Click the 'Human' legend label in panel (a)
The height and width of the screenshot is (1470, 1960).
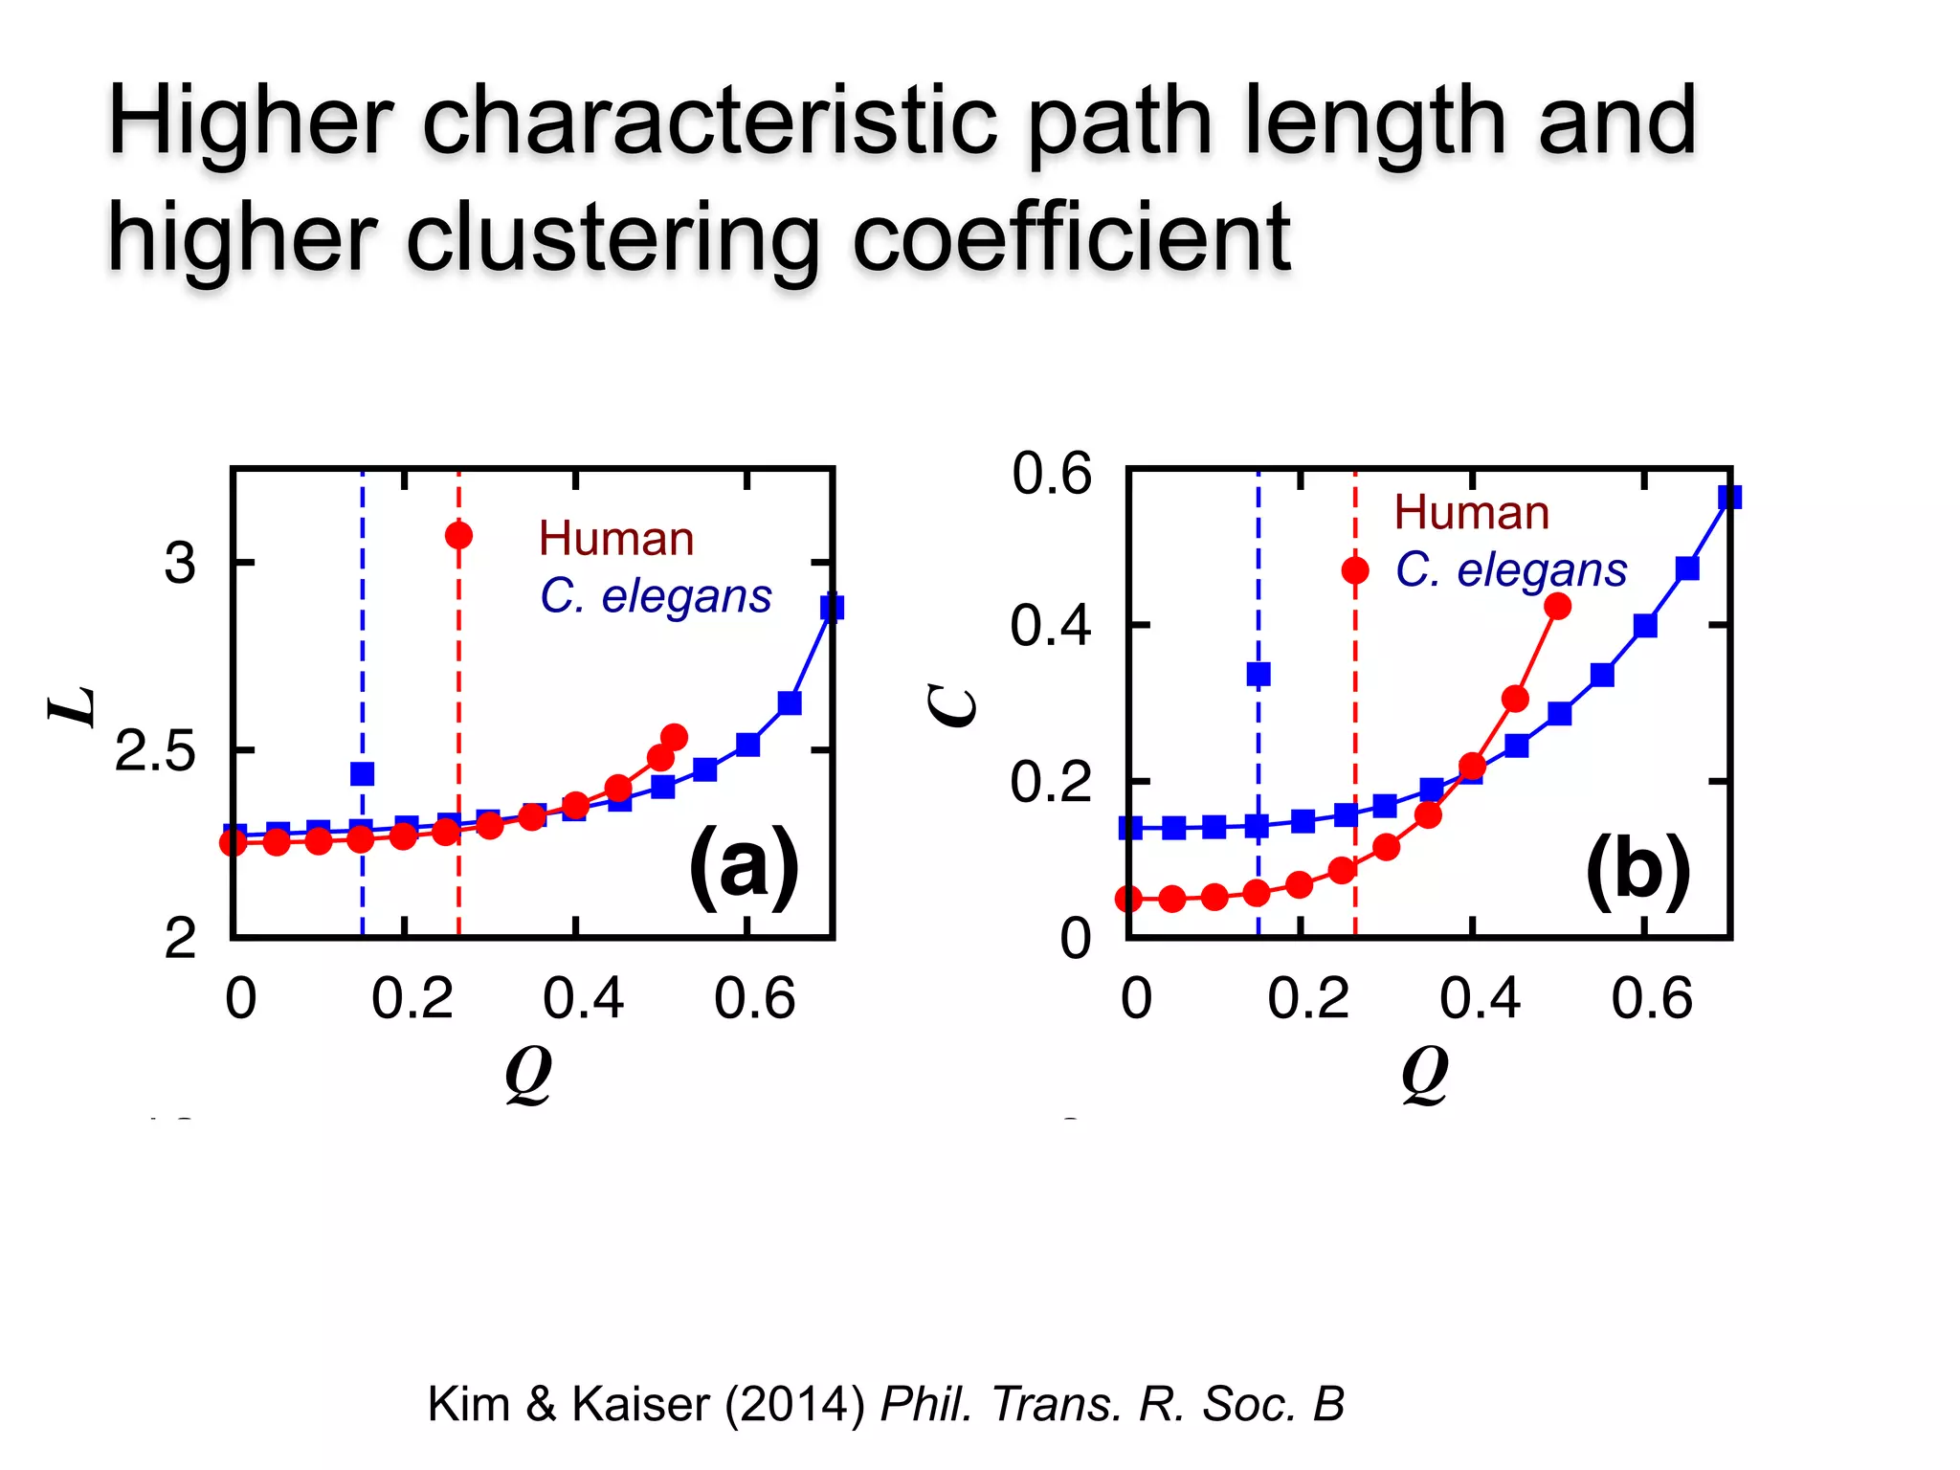coord(616,539)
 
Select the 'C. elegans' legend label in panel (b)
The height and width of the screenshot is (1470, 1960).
coord(1511,570)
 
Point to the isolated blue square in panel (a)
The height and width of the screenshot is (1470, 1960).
coord(362,773)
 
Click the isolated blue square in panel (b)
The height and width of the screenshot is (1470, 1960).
coord(1258,674)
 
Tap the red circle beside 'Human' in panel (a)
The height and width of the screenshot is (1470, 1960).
coord(458,535)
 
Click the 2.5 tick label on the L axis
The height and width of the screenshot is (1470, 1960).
coord(155,752)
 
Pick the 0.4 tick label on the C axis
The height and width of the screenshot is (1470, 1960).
coord(1050,627)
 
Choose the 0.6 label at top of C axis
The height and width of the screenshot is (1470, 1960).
coord(1051,474)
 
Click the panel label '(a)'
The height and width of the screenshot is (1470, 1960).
coord(744,866)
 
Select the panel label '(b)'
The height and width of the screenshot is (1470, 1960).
coord(1637,869)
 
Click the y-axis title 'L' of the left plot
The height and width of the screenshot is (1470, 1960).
coord(73,707)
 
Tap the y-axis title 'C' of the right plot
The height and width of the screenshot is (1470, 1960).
coord(953,707)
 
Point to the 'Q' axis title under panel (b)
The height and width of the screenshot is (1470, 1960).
coord(1424,1073)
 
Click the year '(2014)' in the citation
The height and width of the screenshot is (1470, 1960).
coord(794,1404)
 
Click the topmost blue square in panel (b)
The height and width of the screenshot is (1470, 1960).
coord(1728,498)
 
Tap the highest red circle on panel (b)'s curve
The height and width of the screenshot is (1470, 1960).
coord(1557,606)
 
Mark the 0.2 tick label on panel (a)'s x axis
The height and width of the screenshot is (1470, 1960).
coord(412,998)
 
